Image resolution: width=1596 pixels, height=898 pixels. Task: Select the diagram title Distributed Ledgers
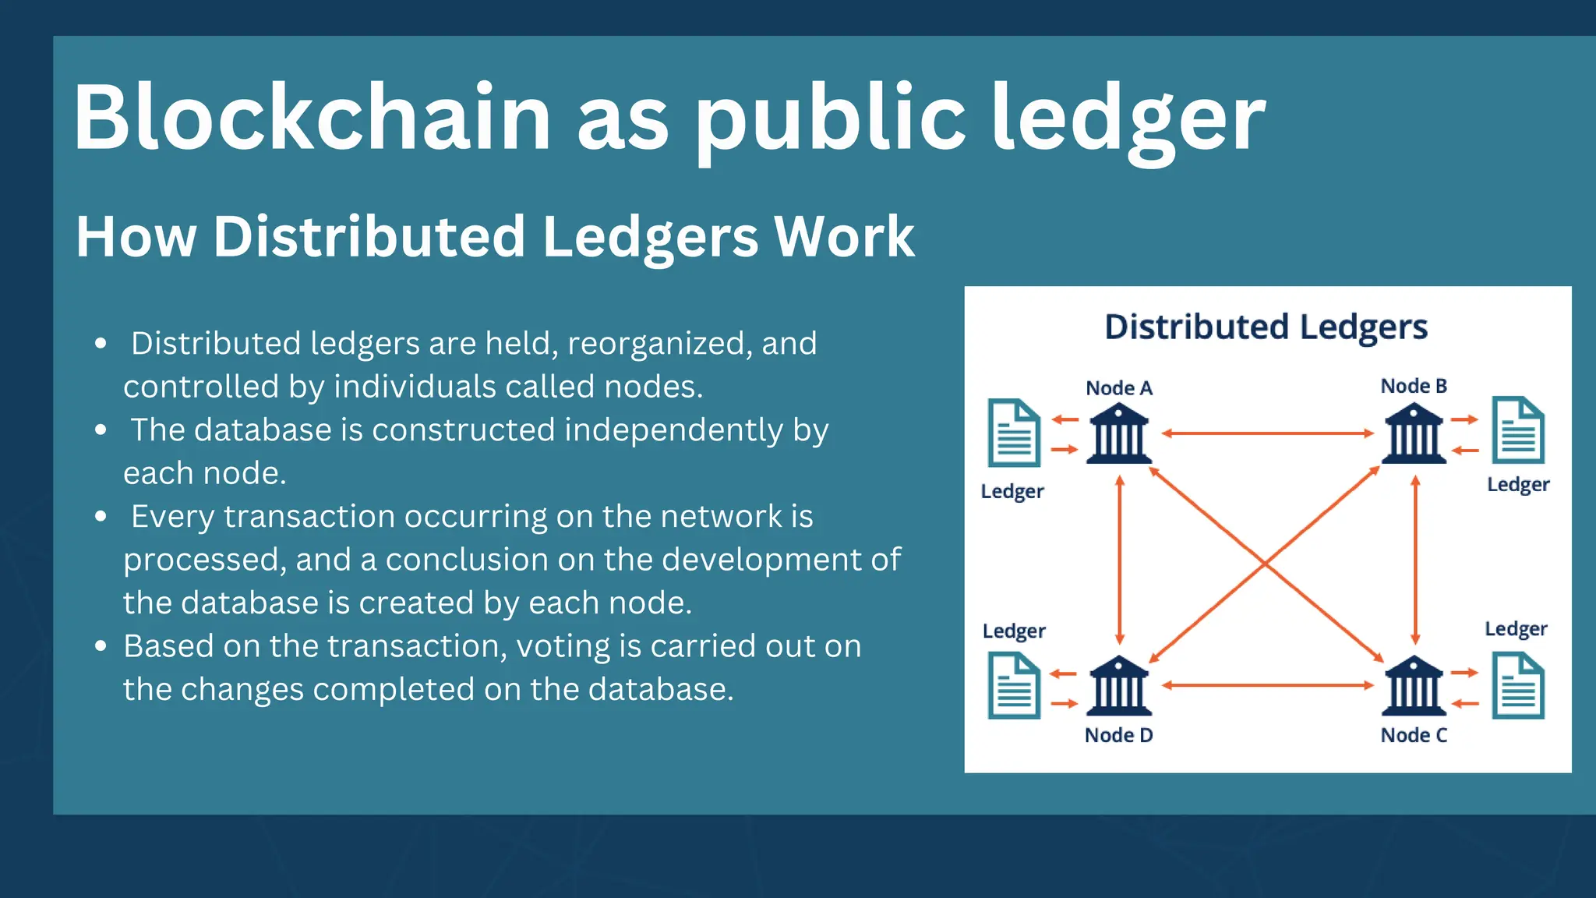1266,327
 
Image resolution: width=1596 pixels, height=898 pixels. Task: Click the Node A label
1119,388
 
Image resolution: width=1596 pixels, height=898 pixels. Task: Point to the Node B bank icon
1414,433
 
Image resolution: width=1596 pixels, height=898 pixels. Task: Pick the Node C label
1414,735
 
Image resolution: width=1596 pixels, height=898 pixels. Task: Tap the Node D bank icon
1119,686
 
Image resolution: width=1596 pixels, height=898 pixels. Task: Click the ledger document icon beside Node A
1014,433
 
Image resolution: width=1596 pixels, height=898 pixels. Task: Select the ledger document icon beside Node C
1518,686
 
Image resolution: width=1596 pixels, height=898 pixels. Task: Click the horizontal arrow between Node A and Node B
1267,433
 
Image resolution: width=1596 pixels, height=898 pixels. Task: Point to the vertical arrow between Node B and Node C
1415,560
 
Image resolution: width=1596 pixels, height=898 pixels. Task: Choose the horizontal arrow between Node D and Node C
1267,685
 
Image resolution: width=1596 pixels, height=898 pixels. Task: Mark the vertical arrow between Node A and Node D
1120,560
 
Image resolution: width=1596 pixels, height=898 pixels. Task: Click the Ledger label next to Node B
1518,484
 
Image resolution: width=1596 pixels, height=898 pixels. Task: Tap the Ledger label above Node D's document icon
1014,631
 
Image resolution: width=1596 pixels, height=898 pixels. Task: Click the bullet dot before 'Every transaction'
101,516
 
